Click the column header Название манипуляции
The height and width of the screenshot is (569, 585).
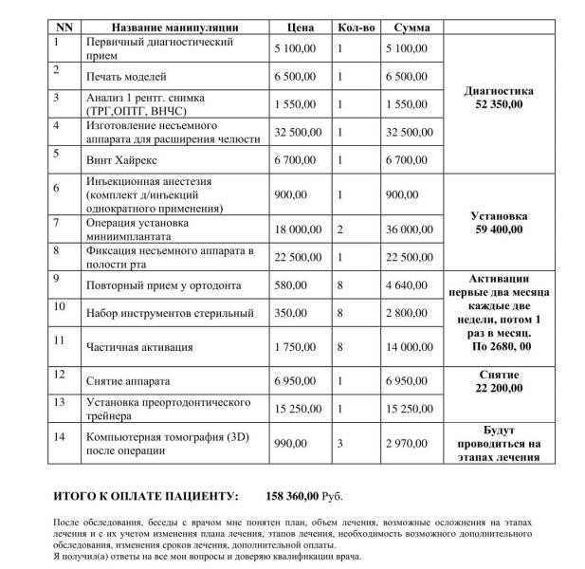[x=161, y=28]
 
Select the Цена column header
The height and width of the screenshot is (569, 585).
[x=300, y=28]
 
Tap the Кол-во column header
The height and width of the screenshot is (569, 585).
[x=357, y=28]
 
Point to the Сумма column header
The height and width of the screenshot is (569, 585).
[x=411, y=28]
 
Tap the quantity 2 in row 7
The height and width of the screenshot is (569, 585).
[x=340, y=229]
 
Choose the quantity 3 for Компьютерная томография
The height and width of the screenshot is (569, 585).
[x=340, y=443]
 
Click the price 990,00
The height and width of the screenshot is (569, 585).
[x=290, y=443]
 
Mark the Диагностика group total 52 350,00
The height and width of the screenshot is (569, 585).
[x=499, y=104]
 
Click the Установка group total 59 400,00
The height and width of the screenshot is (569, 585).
[x=499, y=229]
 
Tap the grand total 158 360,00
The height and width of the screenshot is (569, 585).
[x=295, y=496]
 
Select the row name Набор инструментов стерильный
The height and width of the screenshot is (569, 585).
[x=156, y=314]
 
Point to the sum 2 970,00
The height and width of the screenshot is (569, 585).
[x=407, y=443]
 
